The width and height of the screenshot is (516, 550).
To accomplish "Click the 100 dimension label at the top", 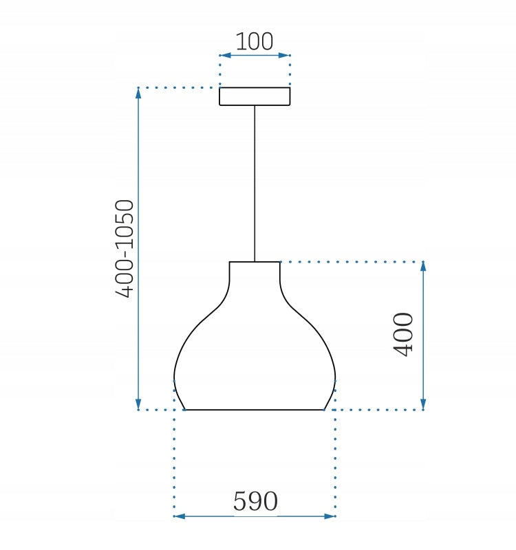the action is pos(254,41).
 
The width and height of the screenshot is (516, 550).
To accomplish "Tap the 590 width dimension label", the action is pos(255,501).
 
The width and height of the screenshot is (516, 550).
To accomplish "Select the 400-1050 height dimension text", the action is pos(125,249).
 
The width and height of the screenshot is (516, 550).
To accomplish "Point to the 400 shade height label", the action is pos(403,334).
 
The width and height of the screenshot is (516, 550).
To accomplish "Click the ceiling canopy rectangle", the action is pos(255,96).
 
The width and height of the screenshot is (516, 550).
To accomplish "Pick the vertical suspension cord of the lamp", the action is pos(255,184).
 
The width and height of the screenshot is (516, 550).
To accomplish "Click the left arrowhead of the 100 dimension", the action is pos(226,55).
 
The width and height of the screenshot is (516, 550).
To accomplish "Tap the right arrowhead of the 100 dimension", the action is pos(283,55).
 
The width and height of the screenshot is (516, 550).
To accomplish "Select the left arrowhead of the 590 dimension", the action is pos(180,516).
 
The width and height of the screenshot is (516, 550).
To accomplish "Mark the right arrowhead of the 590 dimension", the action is pos(330,516).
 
